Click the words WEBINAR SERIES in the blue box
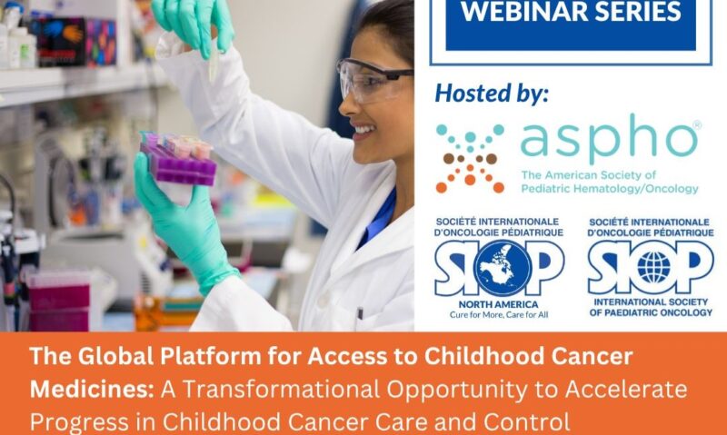pyautogui.click(x=571, y=13)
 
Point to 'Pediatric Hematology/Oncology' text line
pyautogui.click(x=611, y=189)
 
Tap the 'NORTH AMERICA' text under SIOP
pyautogui.click(x=499, y=304)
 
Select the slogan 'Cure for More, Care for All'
pyautogui.click(x=499, y=316)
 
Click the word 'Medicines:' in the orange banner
pyautogui.click(x=92, y=389)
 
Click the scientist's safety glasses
pyautogui.click(x=373, y=80)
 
